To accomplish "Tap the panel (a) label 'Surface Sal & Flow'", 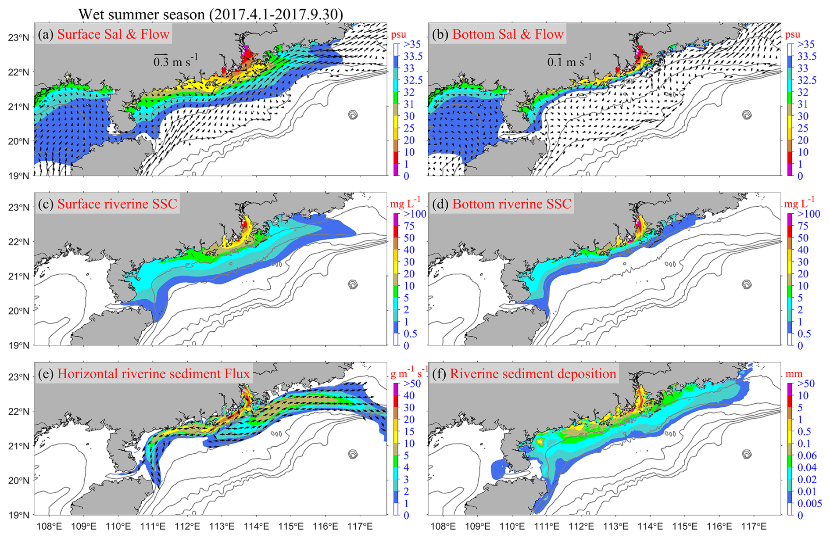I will tap(113, 34).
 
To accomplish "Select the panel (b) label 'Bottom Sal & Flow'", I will tap(508, 34).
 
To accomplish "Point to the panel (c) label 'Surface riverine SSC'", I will tap(117, 204).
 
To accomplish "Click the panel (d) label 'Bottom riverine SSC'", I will tap(512, 204).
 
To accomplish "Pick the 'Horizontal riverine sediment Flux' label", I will tap(153, 373).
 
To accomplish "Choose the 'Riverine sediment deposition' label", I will tap(533, 373).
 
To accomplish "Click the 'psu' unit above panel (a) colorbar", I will tap(399, 34).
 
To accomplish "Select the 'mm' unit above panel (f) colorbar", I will tap(794, 374).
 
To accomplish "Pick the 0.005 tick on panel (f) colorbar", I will tap(809, 503).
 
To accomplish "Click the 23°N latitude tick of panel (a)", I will tap(18, 38).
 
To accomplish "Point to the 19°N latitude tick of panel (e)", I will tap(18, 515).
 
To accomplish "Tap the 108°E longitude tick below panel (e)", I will tap(49, 526).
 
